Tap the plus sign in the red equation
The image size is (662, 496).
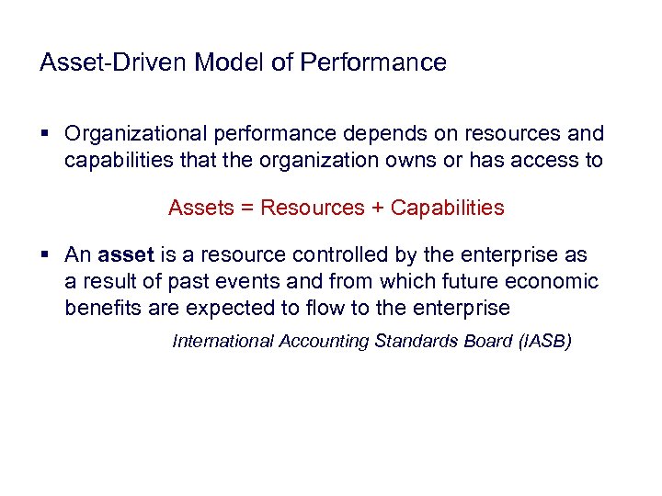pos(377,208)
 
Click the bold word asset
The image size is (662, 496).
pos(123,254)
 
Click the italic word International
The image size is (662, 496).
pos(223,342)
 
